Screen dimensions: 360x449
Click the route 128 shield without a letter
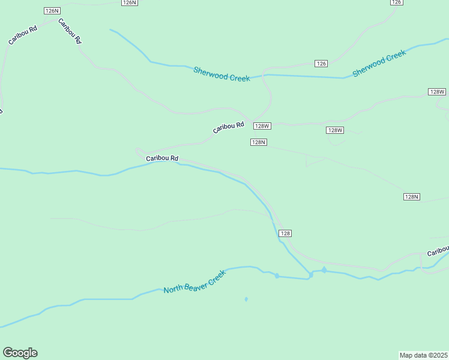coord(285,233)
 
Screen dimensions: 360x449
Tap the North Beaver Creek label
coord(195,281)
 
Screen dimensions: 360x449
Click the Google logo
coord(20,353)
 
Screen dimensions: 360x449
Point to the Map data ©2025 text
coord(423,355)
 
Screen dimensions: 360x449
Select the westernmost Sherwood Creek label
coord(221,74)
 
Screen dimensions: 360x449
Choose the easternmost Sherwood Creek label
coord(379,63)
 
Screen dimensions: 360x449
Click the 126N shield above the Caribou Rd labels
coord(52,11)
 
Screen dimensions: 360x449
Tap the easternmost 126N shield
coord(129,2)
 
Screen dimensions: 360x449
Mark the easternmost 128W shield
coord(437,92)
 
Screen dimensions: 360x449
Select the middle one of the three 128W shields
coord(335,130)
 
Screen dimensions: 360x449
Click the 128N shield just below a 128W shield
coord(258,142)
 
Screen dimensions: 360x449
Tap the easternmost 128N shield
coord(411,197)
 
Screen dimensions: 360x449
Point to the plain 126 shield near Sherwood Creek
coord(321,64)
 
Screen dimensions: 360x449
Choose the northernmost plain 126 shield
coord(396,2)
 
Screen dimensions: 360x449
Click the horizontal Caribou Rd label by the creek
coord(162,158)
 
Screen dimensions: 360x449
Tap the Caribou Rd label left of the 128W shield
coord(228,128)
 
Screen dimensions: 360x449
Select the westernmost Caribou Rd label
coord(23,35)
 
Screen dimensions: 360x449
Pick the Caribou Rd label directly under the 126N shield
coord(69,31)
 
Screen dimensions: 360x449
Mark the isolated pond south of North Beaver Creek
coord(246,299)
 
